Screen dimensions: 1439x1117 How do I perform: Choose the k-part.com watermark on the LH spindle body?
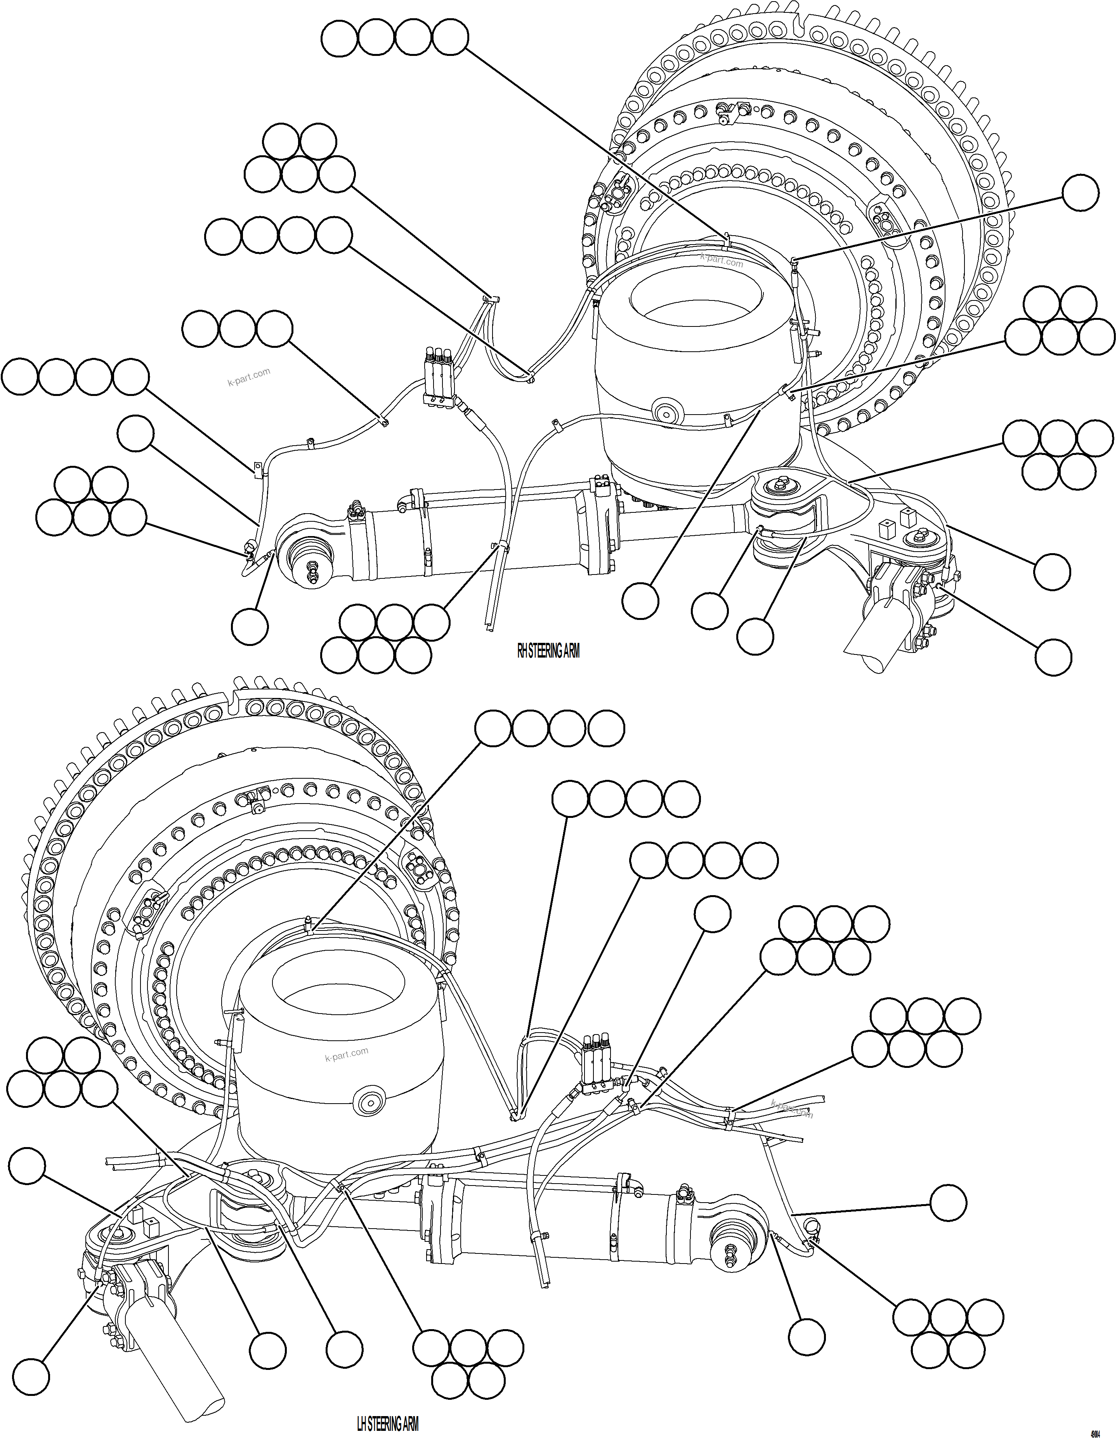(347, 1054)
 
